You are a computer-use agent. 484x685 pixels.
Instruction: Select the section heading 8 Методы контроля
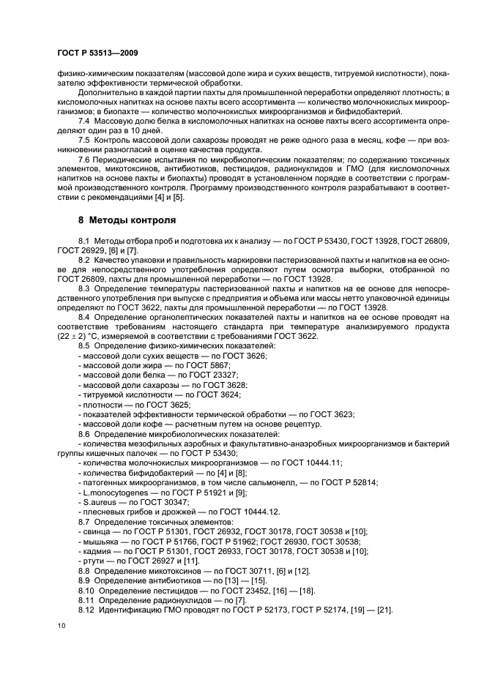tap(125, 220)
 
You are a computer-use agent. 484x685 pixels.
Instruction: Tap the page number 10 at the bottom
tap(59, 624)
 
